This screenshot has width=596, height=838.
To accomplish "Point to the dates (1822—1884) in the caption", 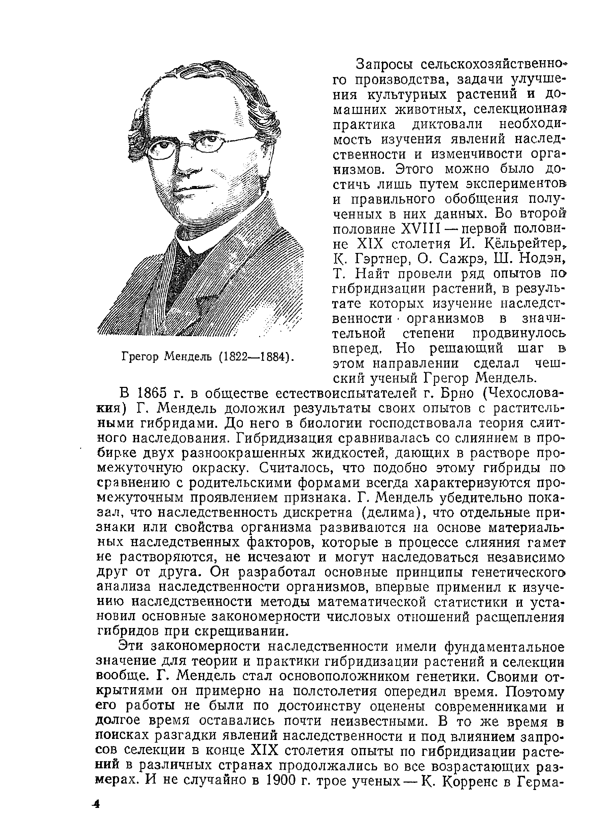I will [x=254, y=356].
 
